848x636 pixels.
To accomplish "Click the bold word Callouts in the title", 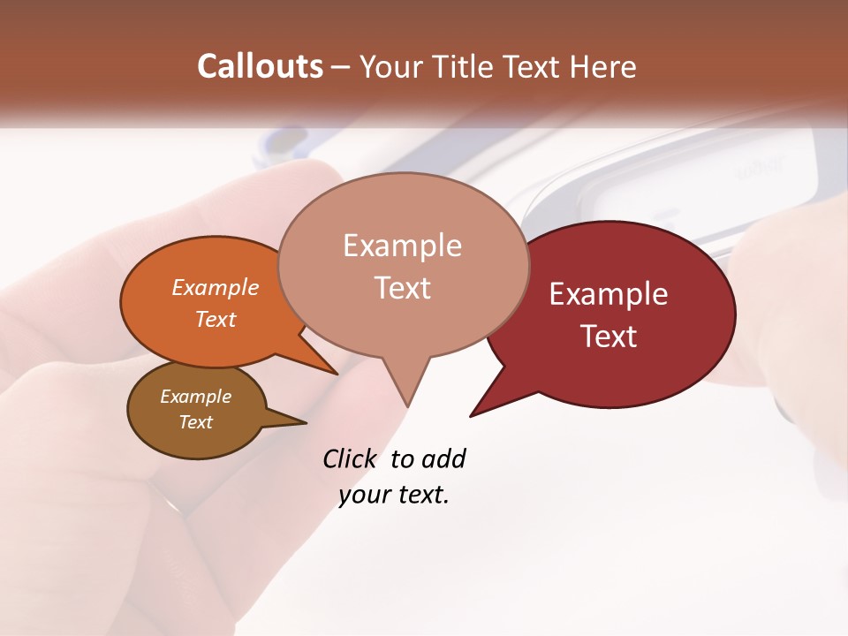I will click(x=260, y=66).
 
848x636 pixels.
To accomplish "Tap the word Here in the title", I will click(x=604, y=66).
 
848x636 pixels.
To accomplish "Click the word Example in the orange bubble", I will click(x=216, y=287).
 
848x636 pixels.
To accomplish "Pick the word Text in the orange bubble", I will click(x=216, y=319).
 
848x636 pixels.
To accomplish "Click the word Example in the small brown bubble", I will click(x=195, y=397).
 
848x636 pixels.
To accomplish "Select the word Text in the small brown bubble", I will click(x=195, y=422).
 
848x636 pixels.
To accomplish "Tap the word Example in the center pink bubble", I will click(x=402, y=246).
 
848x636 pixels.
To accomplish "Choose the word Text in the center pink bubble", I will click(x=402, y=287).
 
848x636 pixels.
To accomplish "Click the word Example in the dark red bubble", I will click(x=609, y=294).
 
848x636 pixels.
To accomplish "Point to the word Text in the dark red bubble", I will click(x=609, y=336).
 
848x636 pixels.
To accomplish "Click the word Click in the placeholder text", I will click(x=349, y=458).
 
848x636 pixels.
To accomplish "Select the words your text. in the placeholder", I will click(x=394, y=495).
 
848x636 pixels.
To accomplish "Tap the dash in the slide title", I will click(x=341, y=66).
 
